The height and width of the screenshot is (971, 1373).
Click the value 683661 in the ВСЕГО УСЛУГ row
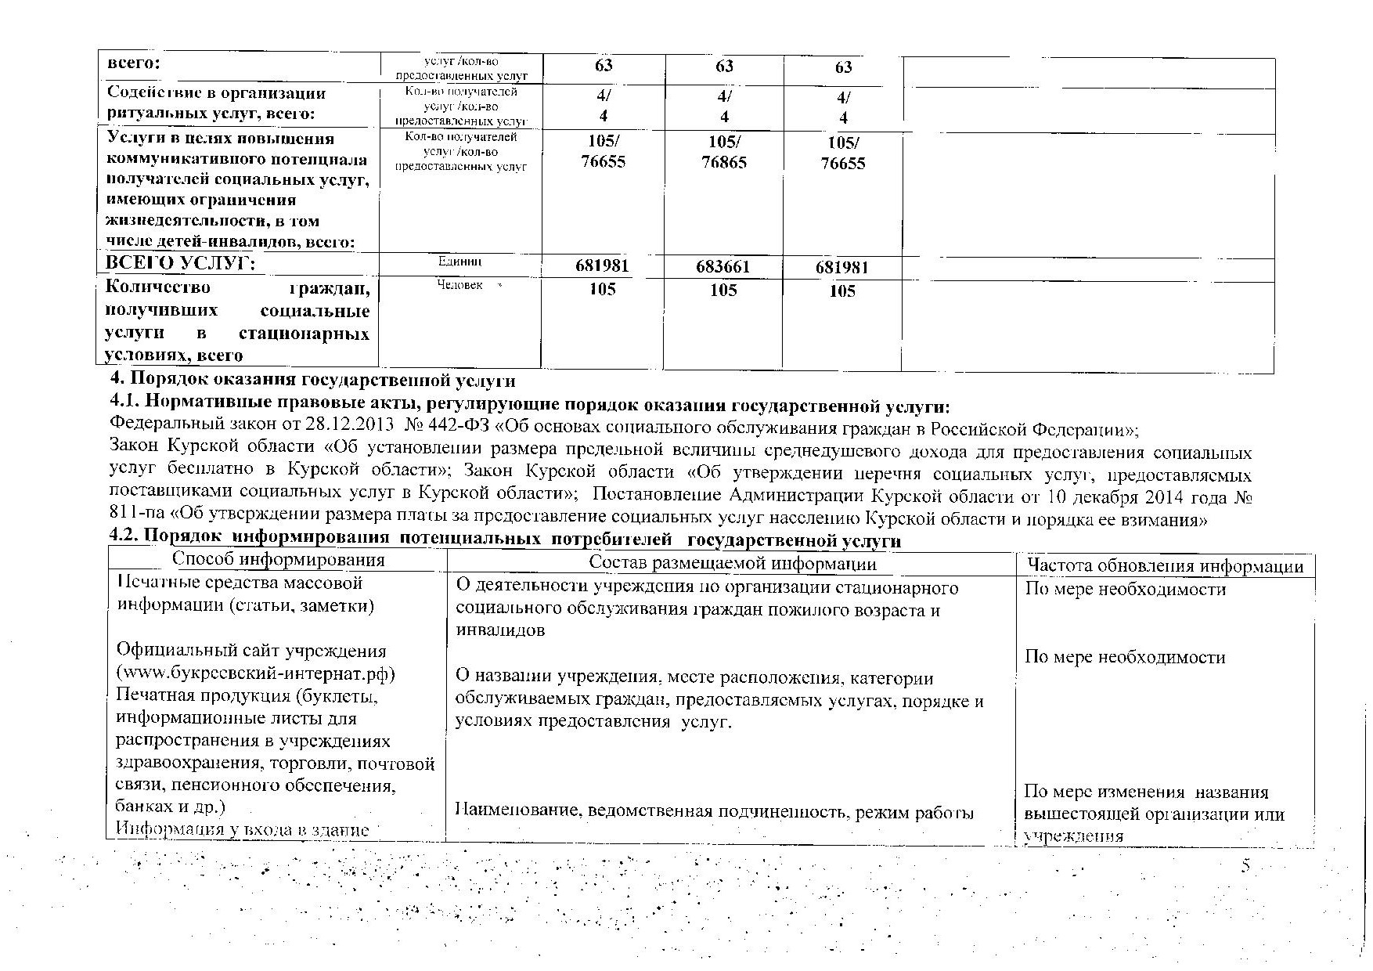coord(723,267)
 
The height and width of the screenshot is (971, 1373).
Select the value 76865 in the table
coord(724,162)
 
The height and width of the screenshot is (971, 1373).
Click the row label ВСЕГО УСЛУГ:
coord(181,263)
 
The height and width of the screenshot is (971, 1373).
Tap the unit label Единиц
coord(460,261)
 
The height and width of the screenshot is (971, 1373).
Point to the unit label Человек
coord(460,285)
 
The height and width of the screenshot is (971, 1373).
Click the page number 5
coord(1245,866)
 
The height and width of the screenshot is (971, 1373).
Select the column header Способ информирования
coord(278,559)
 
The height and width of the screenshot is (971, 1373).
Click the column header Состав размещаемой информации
coord(732,563)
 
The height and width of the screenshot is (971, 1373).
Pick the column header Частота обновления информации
coord(1165,566)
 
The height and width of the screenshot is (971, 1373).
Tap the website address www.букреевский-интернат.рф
coord(255,673)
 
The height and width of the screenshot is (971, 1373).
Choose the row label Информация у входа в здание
coord(242,828)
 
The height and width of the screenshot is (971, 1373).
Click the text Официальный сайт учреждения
coord(251,651)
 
